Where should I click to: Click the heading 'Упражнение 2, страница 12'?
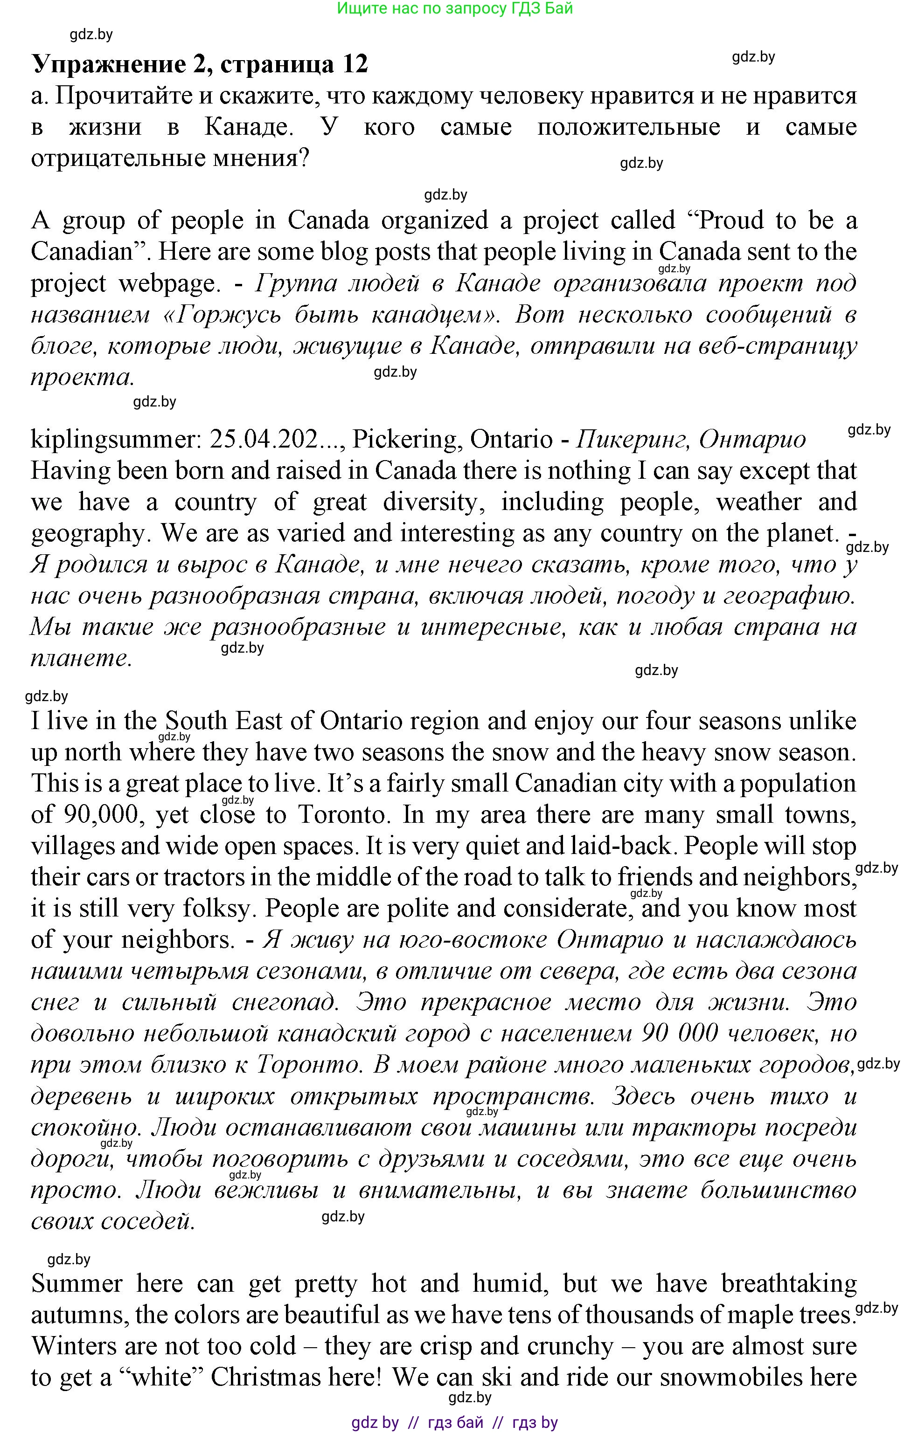point(200,64)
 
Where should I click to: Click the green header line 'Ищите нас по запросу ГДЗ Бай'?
point(454,8)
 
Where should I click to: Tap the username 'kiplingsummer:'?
point(117,440)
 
